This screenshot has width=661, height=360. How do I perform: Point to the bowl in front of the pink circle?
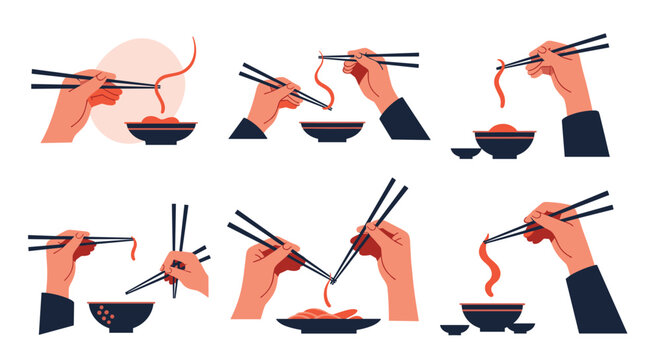pyautogui.click(x=160, y=133)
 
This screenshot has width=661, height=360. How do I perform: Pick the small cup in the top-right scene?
pyautogui.click(x=463, y=153)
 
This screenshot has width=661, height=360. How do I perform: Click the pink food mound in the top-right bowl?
pyautogui.click(x=504, y=129)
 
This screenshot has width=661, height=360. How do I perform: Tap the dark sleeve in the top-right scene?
pyautogui.click(x=585, y=135)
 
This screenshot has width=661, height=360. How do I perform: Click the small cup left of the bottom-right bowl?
pyautogui.click(x=453, y=328)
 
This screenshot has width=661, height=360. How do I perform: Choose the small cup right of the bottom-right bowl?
pyautogui.click(x=520, y=327)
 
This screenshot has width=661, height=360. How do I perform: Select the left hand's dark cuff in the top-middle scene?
pyautogui.click(x=247, y=129)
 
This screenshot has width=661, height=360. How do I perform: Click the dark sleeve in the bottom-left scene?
pyautogui.click(x=56, y=312)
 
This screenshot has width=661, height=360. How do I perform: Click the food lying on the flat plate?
pyautogui.click(x=329, y=314)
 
